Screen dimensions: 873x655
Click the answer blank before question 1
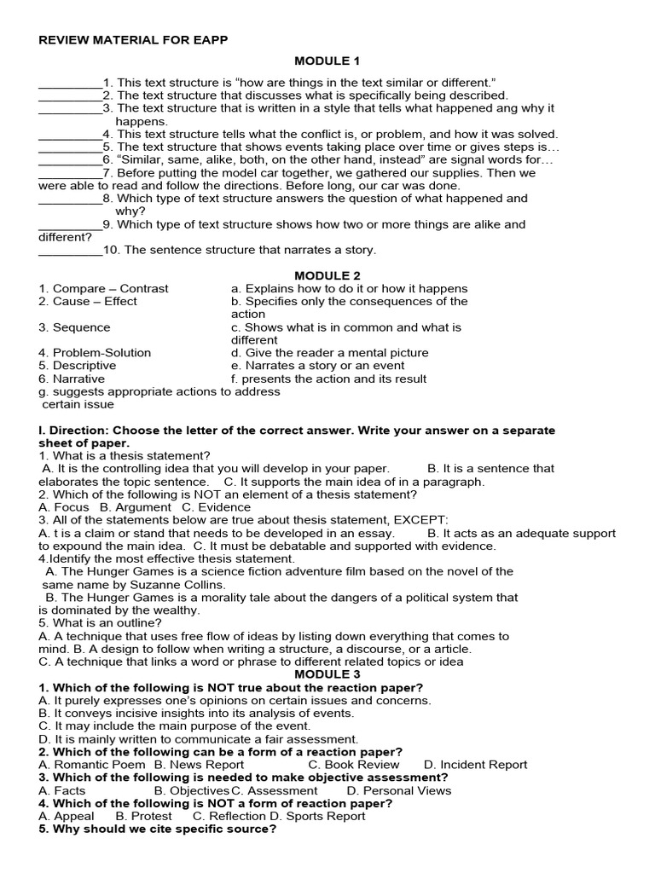pos(70,83)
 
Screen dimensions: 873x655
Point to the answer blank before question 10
pos(70,250)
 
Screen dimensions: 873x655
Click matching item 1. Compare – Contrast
pos(103,288)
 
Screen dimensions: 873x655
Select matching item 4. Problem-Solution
pos(95,352)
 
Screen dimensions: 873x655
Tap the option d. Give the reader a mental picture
pos(329,352)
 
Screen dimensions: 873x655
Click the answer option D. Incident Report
pos(475,765)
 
